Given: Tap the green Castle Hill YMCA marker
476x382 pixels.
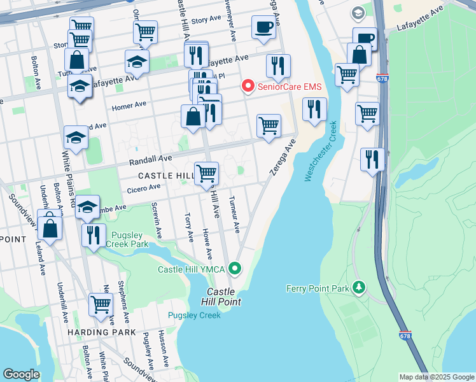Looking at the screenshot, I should point(235,269).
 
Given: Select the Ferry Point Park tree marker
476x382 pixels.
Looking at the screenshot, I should point(360,288).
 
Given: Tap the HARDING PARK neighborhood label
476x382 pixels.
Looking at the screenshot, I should point(103,332).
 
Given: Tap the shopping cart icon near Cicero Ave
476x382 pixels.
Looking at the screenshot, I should point(206,173).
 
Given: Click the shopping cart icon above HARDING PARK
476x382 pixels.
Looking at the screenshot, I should point(101,304).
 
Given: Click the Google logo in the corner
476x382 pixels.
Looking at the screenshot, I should point(21,374).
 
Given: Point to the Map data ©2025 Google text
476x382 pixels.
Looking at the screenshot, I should point(436,377).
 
